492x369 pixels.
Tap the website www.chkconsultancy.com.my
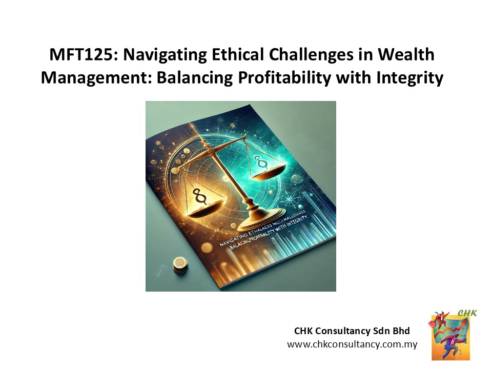352,344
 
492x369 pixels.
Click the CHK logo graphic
450,335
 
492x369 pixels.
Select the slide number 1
460,353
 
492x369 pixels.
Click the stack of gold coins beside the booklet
179,264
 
